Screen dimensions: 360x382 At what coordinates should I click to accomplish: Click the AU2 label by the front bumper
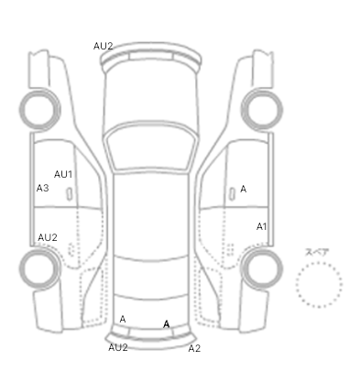[104, 46]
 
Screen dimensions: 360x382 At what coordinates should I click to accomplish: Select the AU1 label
[63, 174]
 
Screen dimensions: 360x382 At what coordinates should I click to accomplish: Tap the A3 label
[42, 188]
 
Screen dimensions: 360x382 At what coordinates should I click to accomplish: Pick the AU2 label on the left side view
[48, 237]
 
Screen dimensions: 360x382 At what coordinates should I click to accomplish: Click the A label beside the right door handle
[243, 190]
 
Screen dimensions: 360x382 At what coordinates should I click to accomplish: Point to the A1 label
[262, 226]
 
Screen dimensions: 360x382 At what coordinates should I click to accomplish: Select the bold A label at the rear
[167, 324]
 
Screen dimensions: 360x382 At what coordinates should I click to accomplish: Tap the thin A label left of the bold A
[123, 320]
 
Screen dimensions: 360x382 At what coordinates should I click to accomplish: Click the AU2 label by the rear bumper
[118, 347]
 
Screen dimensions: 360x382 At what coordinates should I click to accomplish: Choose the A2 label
[194, 348]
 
